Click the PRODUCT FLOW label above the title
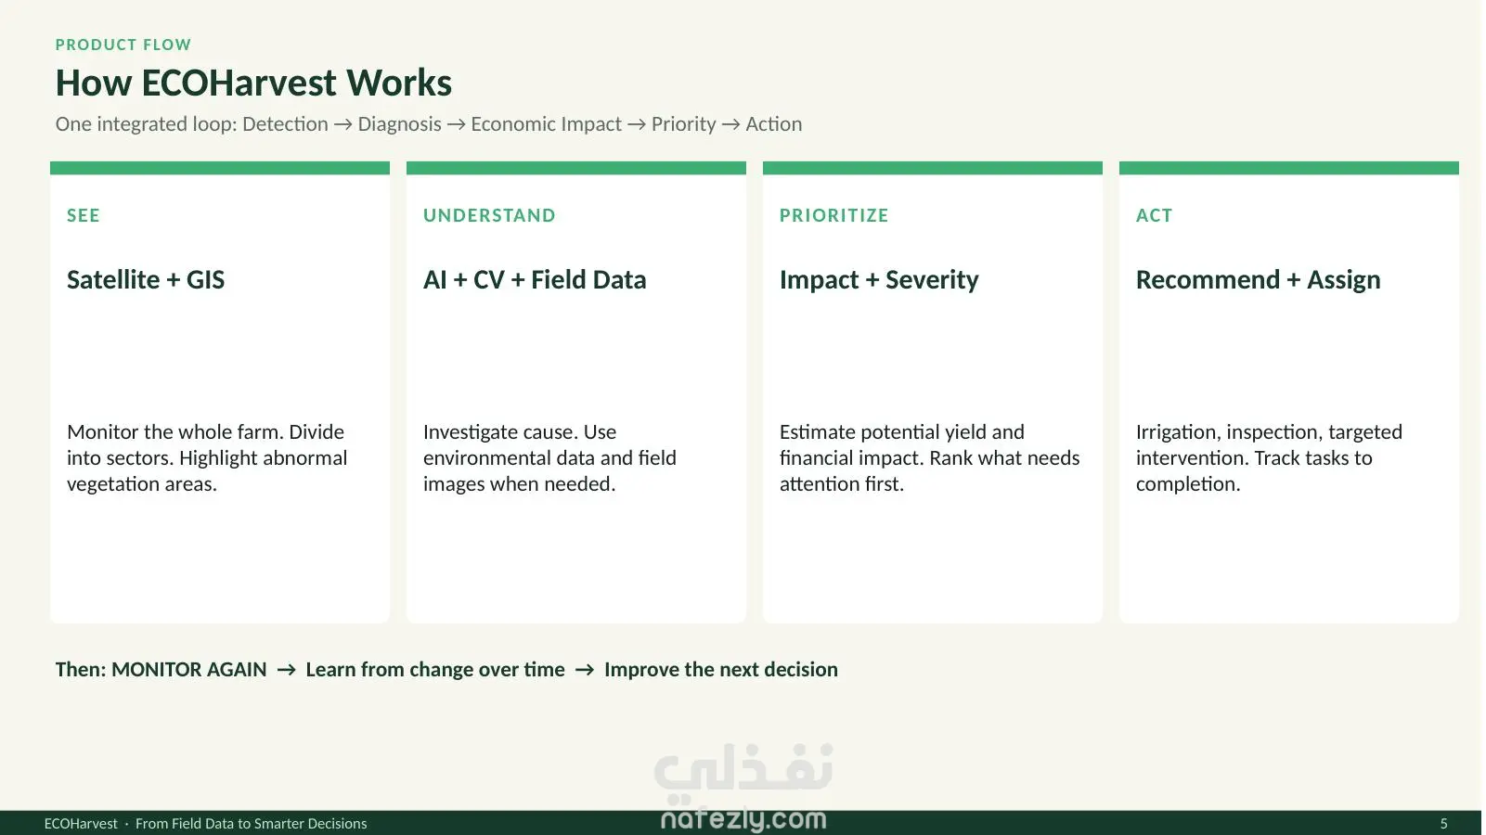pyautogui.click(x=123, y=45)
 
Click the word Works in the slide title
pyautogui.click(x=399, y=83)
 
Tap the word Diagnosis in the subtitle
pyautogui.click(x=399, y=124)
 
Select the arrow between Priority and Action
pyautogui.click(x=730, y=124)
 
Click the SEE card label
pyautogui.click(x=84, y=215)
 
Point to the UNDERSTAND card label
pyautogui.click(x=489, y=215)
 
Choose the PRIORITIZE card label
pyautogui.click(x=833, y=215)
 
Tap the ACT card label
pyautogui.click(x=1155, y=215)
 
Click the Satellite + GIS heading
pyautogui.click(x=146, y=279)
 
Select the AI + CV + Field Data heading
pyautogui.click(x=535, y=279)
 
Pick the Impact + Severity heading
pyautogui.click(x=879, y=279)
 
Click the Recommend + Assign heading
pyautogui.click(x=1258, y=279)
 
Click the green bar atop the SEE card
pyautogui.click(x=220, y=168)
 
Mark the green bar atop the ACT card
pyautogui.click(x=1288, y=168)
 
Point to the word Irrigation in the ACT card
pyautogui.click(x=1177, y=432)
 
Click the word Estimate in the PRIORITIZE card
pyautogui.click(x=818, y=432)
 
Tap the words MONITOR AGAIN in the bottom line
pyautogui.click(x=189, y=669)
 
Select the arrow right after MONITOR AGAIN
pyautogui.click(x=287, y=670)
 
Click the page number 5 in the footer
pyautogui.click(x=1443, y=823)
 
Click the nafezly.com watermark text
pyautogui.click(x=743, y=819)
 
